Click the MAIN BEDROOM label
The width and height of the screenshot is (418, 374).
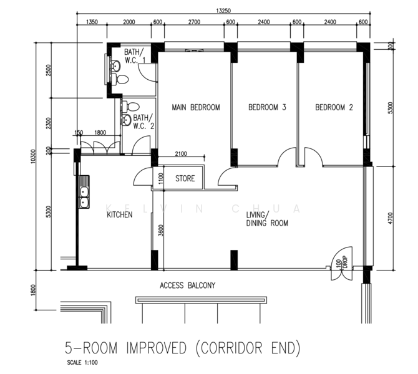coord(196,107)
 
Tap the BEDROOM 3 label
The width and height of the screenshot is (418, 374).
coord(267,107)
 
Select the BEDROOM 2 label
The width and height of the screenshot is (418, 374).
coord(334,107)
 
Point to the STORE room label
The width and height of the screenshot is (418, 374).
coord(185,179)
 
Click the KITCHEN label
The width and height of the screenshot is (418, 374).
coord(119,214)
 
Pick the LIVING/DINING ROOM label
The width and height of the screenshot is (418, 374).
coord(267,219)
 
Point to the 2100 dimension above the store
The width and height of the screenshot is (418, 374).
coord(180,154)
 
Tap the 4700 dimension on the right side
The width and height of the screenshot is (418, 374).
coord(391,218)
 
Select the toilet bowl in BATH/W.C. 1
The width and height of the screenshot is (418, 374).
coord(122,79)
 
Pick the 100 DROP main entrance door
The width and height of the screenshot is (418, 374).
coord(343,261)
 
